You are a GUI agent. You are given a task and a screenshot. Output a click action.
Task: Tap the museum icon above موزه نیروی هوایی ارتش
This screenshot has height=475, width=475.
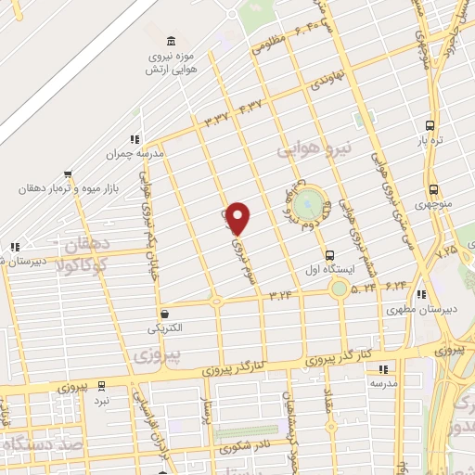tap(169, 42)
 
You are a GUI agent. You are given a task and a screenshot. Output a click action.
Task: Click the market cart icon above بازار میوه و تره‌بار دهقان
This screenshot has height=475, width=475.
tap(66, 173)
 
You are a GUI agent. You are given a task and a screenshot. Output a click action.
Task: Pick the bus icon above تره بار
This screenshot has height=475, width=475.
tap(429, 125)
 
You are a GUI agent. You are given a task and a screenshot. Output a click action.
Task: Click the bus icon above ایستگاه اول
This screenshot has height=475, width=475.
tap(329, 255)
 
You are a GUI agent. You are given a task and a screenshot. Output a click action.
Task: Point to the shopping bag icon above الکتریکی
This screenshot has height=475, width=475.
tap(164, 314)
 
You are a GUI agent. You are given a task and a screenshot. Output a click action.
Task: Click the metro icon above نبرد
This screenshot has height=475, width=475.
tap(101, 384)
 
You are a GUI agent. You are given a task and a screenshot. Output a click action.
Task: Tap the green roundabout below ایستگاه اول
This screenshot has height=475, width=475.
tap(340, 289)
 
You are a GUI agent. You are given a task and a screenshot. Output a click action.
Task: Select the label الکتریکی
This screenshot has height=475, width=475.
tap(164, 329)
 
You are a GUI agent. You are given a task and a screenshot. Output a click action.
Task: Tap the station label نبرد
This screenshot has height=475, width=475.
tap(101, 399)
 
